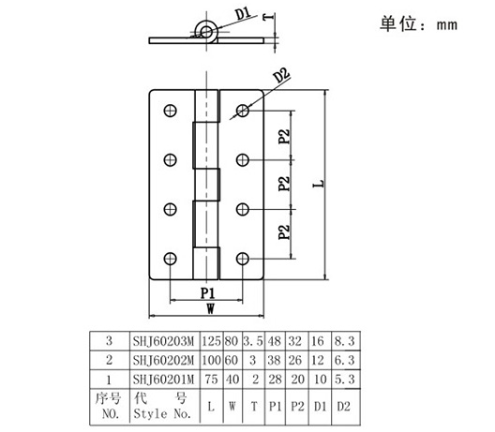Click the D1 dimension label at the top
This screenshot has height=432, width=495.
244,14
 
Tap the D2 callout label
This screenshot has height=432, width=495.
281,76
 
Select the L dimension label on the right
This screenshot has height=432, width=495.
319,184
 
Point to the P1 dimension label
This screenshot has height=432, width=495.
208,293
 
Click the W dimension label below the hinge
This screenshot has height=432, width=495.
211,308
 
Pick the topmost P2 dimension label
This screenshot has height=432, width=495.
284,136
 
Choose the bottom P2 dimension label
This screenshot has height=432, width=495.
284,232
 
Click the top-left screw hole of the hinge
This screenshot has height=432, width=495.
171,111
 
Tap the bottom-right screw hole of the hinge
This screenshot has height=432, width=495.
243,259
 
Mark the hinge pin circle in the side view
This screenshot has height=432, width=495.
206,32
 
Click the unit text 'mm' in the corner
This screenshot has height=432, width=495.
447,25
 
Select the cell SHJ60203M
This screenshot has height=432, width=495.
163,341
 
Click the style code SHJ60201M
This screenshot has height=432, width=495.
163,380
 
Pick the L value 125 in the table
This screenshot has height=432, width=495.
211,341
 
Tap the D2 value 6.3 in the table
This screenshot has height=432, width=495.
344,360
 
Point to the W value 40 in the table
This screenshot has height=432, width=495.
232,379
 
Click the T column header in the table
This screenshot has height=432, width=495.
254,407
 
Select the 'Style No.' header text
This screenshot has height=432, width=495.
162,413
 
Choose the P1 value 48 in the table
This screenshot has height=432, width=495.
274,341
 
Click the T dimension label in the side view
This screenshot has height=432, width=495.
268,17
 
